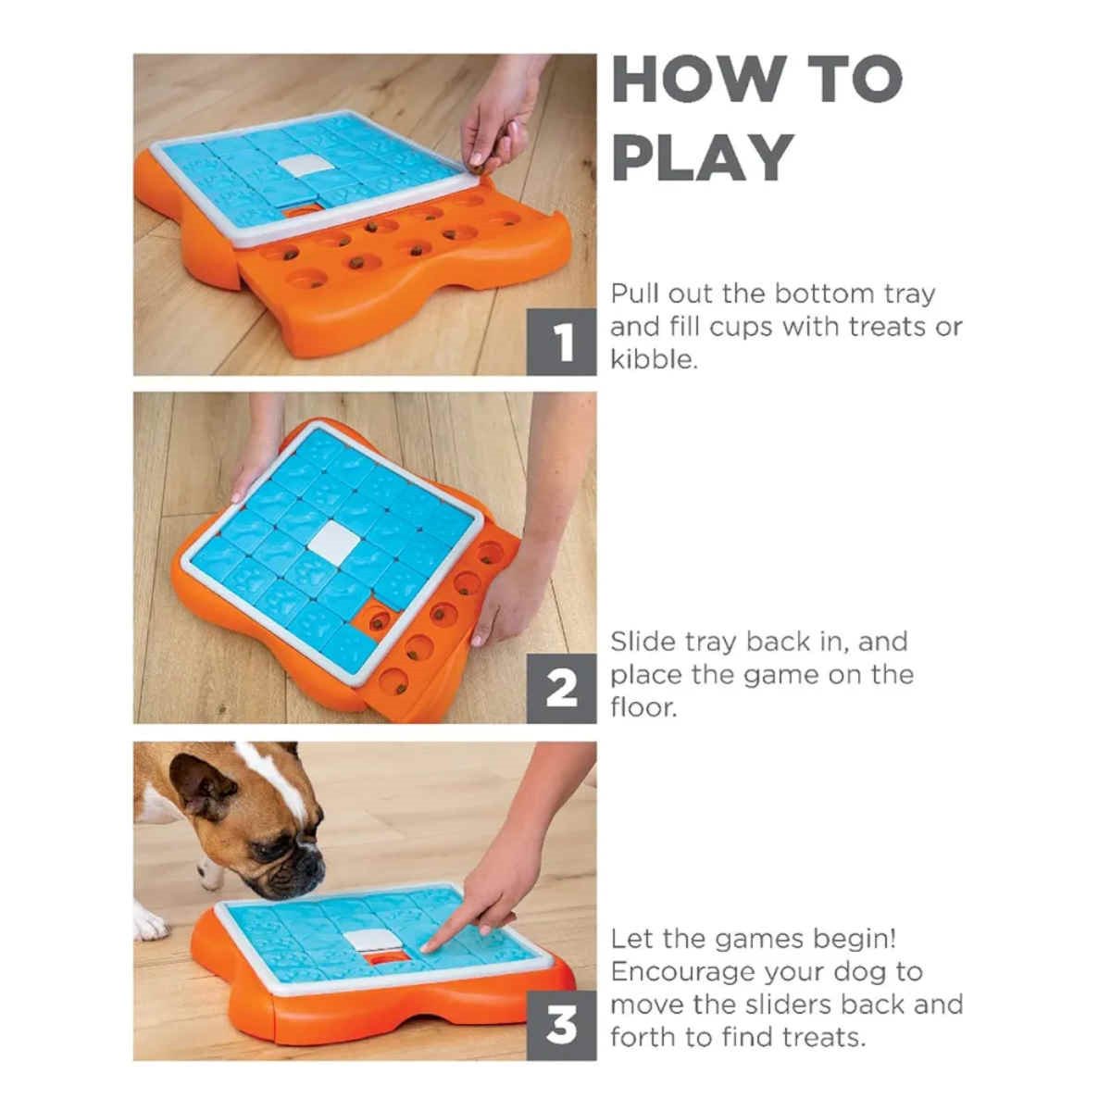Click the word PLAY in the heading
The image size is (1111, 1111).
[703, 157]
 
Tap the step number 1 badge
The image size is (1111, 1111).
[561, 343]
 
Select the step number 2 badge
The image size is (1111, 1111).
[561, 689]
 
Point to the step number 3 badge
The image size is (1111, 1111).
[561, 1026]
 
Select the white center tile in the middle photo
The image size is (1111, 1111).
[334, 543]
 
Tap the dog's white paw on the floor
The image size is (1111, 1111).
[150, 921]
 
